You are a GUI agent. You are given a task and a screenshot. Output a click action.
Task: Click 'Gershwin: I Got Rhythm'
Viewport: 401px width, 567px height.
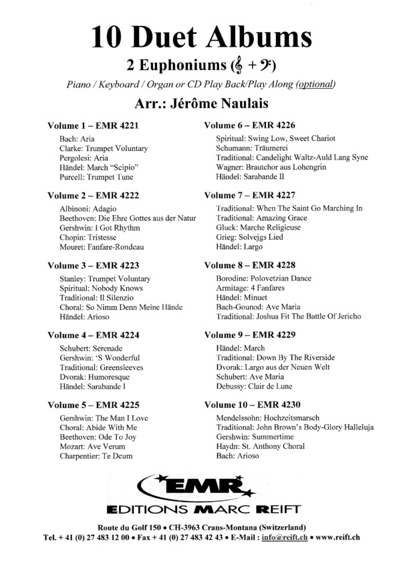[94, 228]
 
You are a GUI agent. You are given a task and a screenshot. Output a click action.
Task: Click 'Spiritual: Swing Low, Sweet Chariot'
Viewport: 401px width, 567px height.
[275, 138]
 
